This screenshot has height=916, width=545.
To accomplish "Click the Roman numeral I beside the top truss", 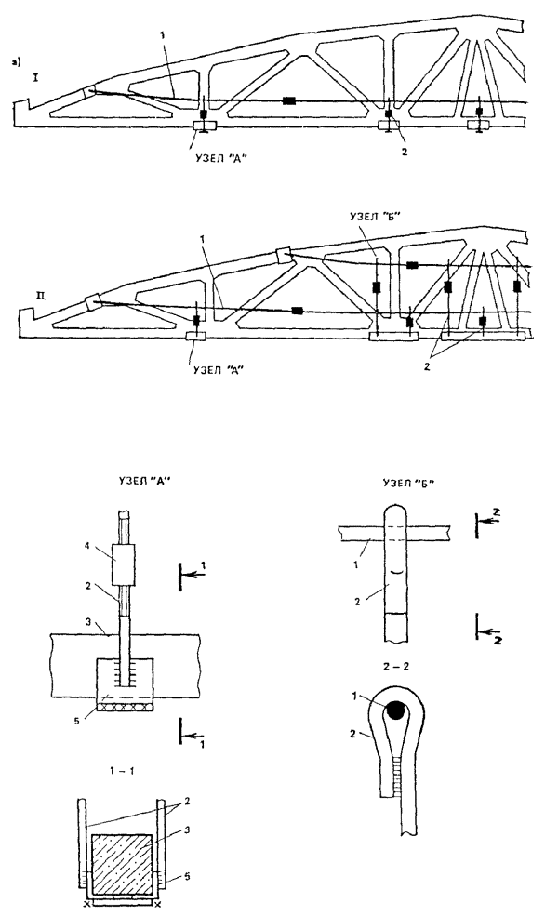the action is (35, 76).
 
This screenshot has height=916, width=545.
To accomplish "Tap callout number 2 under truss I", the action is (404, 151).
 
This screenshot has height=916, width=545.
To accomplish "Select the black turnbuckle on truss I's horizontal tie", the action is (289, 100).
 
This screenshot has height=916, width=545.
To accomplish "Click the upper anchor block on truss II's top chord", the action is (284, 255).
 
